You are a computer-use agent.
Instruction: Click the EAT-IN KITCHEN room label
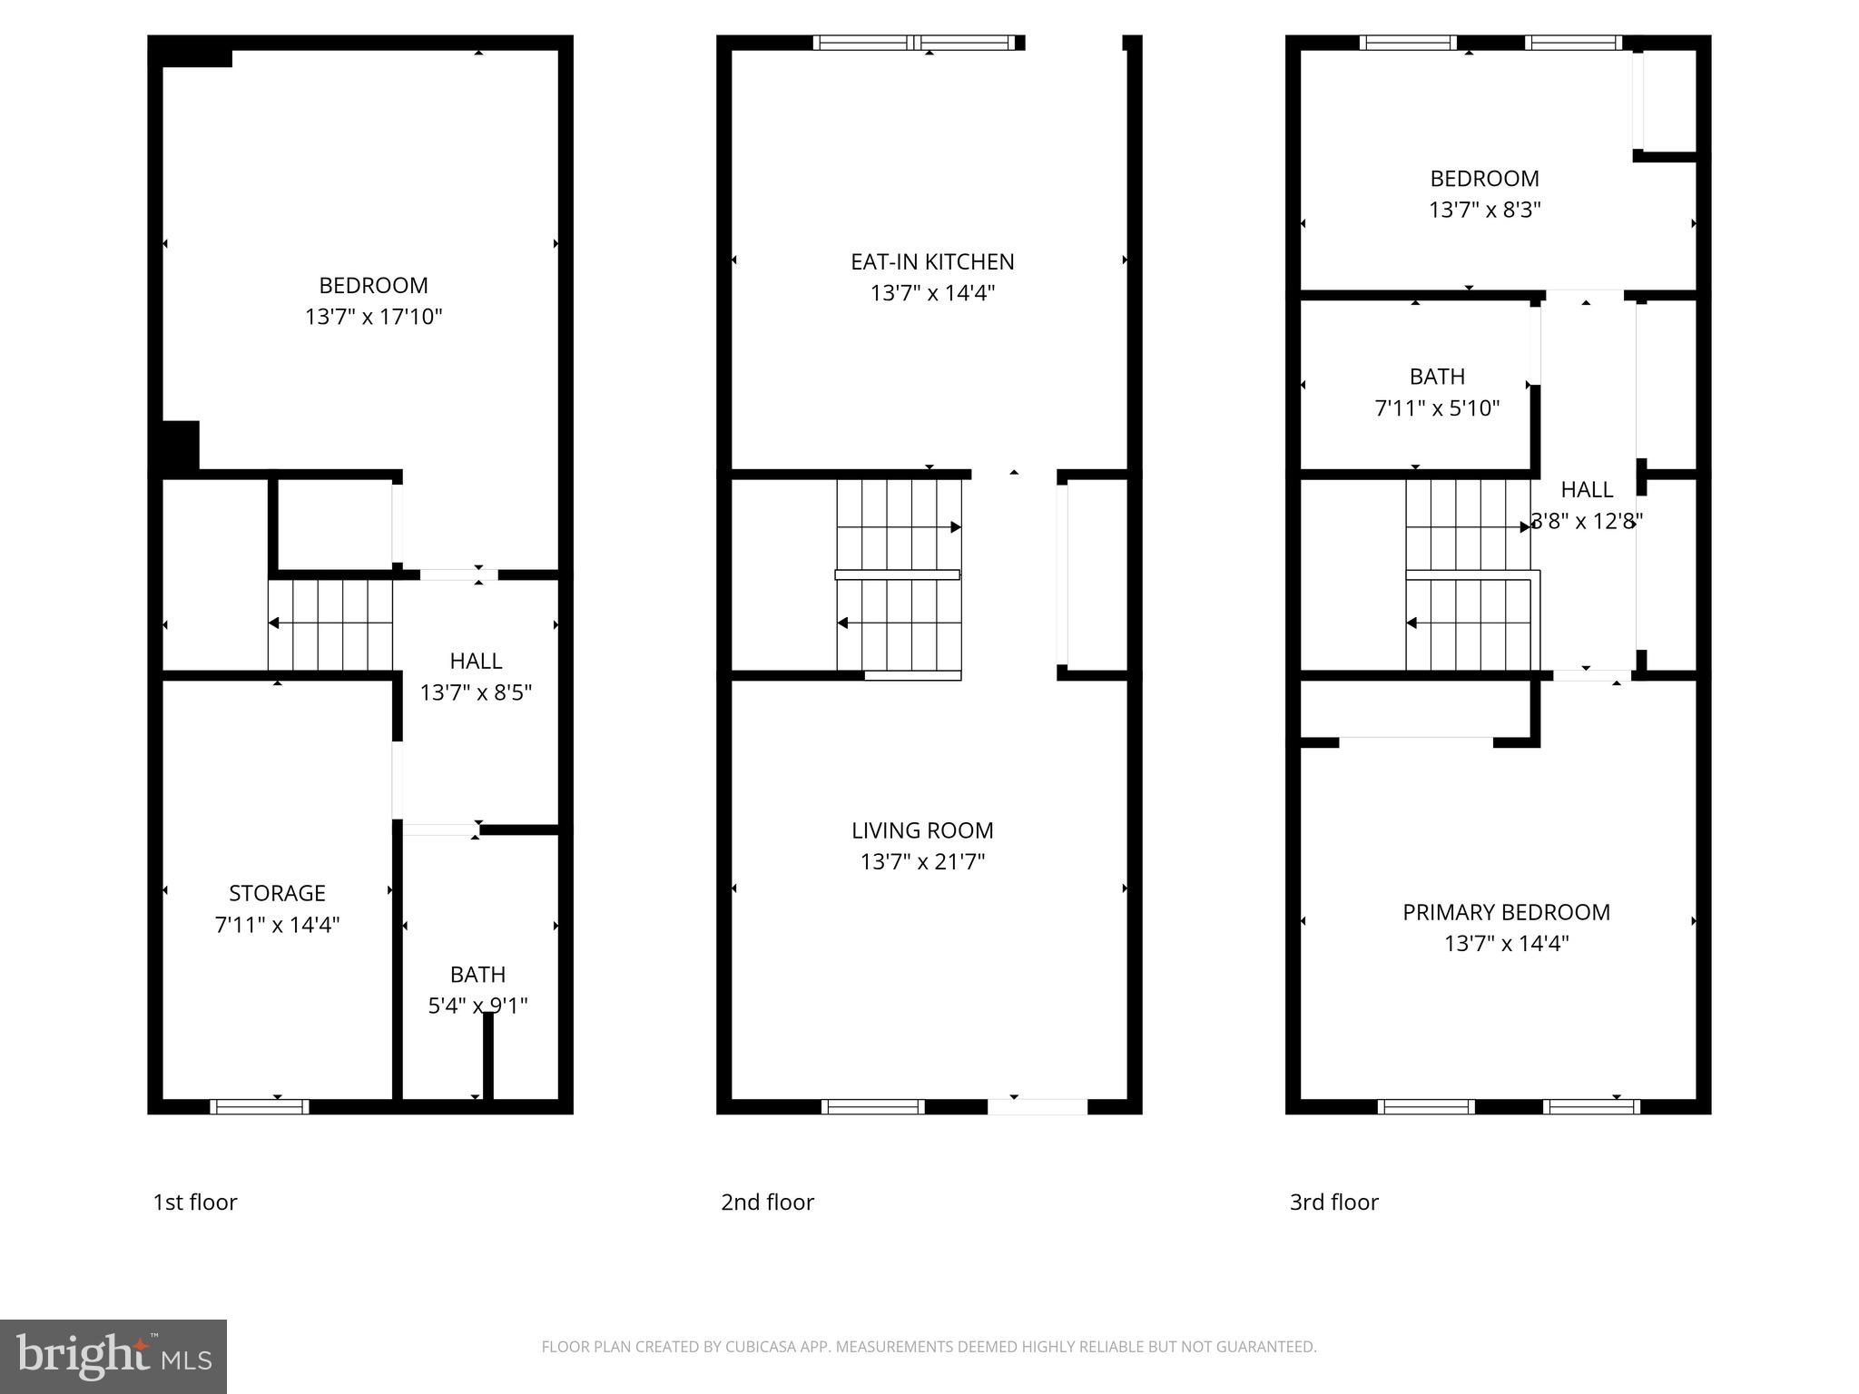point(932,262)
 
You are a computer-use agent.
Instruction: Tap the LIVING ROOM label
point(922,830)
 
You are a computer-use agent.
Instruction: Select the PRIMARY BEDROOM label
point(1506,912)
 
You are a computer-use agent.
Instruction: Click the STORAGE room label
point(277,893)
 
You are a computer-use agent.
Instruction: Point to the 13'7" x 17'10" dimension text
point(373,317)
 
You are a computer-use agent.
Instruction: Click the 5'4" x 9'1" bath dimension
point(477,1006)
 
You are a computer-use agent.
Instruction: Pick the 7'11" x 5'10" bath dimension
point(1437,408)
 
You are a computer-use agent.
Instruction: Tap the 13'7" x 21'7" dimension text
point(922,861)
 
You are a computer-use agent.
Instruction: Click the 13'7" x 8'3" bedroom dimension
point(1484,210)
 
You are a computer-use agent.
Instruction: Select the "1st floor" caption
point(195,1202)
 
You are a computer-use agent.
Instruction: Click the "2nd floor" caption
point(767,1202)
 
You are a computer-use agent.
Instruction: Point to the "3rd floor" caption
point(1333,1202)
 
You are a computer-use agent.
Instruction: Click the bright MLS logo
point(113,1356)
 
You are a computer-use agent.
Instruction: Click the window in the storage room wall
point(260,1106)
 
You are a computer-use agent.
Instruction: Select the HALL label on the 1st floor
point(476,661)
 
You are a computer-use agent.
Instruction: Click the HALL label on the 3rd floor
point(1587,490)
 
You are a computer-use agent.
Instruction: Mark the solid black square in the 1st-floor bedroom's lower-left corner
point(180,446)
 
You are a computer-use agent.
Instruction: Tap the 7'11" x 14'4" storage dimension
point(277,925)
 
